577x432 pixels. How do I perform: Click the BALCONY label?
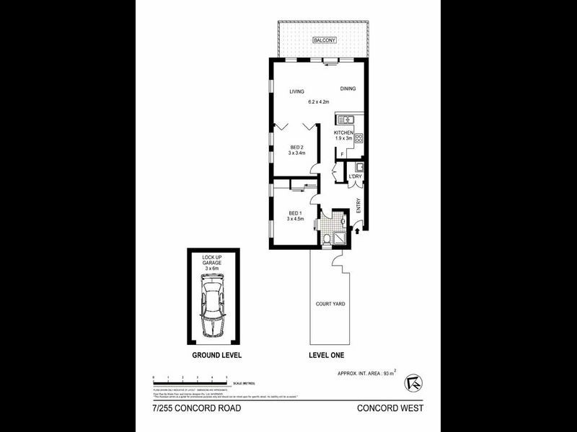(x=324, y=41)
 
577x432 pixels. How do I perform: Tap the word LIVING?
(x=296, y=91)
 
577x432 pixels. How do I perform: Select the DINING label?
(x=349, y=89)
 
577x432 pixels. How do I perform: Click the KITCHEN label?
(x=344, y=134)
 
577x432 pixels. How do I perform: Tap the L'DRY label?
(x=355, y=176)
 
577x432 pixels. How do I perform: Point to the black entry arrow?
(x=358, y=233)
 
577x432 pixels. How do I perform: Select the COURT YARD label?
(x=330, y=304)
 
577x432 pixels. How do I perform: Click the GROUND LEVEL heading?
(x=216, y=356)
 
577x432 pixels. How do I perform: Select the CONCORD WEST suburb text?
(x=389, y=408)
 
